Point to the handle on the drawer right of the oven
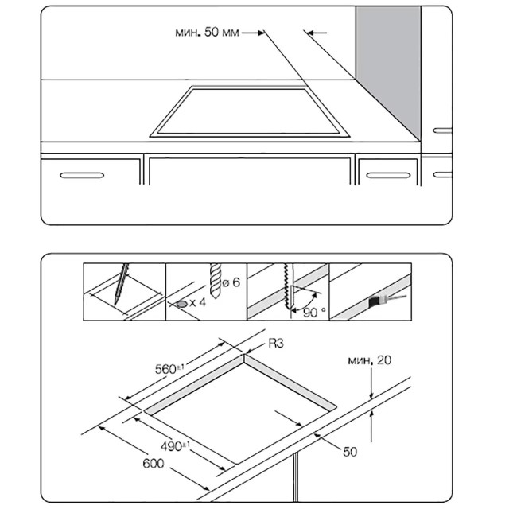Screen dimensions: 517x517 [387, 174]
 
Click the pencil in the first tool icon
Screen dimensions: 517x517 [122, 283]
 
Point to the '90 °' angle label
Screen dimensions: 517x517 [315, 312]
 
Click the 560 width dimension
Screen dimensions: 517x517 [169, 367]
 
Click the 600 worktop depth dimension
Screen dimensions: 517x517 [154, 465]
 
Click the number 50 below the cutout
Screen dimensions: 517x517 [351, 452]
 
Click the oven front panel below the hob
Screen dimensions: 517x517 [249, 187]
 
